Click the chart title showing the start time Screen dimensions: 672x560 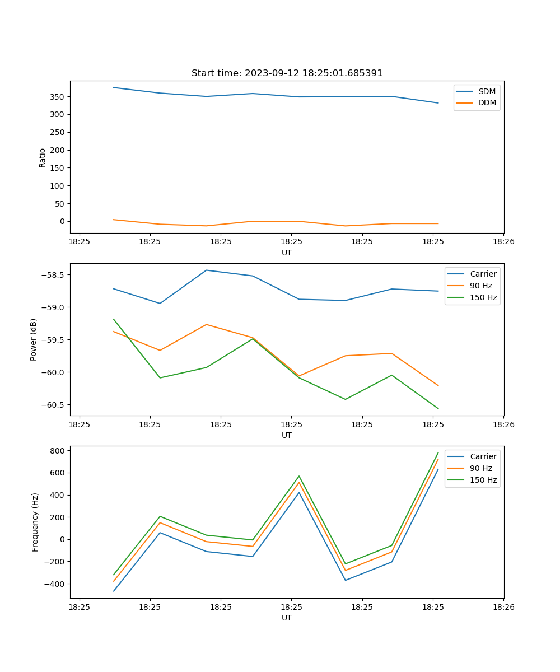pos(287,73)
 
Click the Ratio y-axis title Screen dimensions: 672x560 pos(43,157)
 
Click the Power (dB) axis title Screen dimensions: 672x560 pos(34,339)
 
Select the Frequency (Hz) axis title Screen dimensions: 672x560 pos(35,522)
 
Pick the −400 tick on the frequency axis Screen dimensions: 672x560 pos(56,584)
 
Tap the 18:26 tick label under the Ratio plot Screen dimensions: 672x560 pos(503,242)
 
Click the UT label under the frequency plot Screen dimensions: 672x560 pos(287,618)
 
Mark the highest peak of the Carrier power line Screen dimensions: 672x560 pos(206,270)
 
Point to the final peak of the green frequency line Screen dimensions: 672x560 pos(438,453)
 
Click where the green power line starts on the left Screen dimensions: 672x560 pos(114,319)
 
